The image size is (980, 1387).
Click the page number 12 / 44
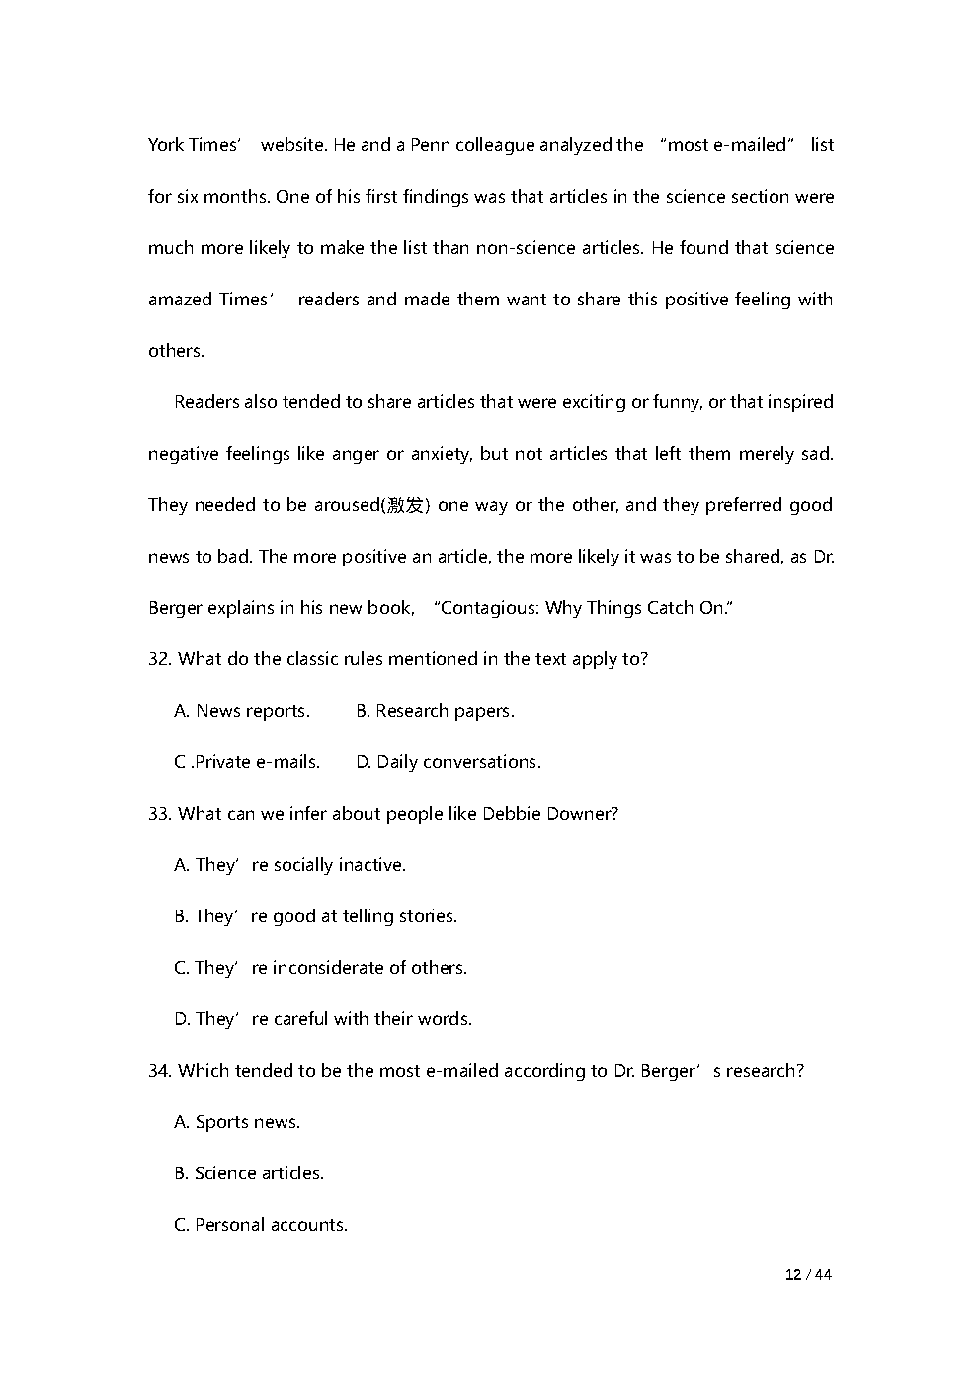tap(808, 1274)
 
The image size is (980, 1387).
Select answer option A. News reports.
tap(242, 711)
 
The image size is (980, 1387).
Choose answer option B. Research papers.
tap(435, 711)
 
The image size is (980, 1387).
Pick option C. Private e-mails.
tap(247, 762)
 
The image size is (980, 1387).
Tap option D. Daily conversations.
tap(449, 762)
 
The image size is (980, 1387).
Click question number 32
tap(160, 659)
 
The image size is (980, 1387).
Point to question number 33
tap(160, 814)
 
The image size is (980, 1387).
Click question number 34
tap(160, 1071)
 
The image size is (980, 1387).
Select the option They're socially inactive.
tap(289, 865)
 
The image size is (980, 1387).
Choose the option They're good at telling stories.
tap(315, 916)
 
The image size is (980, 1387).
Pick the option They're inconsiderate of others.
tap(320, 968)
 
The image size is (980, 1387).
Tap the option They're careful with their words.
tap(323, 1019)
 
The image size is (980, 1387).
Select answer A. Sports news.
tap(237, 1122)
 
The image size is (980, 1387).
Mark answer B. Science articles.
tap(249, 1173)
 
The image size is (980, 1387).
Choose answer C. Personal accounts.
tap(261, 1225)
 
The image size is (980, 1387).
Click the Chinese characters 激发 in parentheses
tap(406, 505)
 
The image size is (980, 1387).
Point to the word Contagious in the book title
tap(486, 608)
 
